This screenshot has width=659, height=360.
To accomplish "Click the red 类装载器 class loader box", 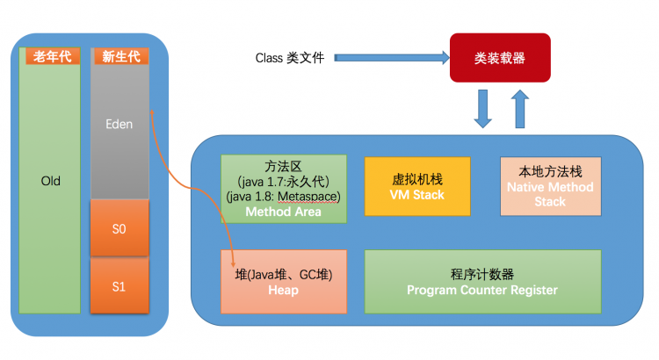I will (500, 57).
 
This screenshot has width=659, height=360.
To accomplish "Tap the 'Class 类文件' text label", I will (290, 58).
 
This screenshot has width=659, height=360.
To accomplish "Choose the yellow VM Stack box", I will (417, 186).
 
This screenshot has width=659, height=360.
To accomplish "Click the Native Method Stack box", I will (551, 187).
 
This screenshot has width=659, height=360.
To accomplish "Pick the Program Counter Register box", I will (482, 281).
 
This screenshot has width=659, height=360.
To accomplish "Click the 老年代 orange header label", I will (49, 56).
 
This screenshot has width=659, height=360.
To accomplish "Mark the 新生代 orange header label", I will (119, 56).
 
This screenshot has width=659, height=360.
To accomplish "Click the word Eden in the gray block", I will (119, 124).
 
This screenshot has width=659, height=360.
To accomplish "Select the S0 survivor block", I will (119, 227).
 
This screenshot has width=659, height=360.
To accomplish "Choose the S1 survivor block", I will (119, 285).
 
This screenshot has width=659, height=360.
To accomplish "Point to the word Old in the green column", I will (50, 181).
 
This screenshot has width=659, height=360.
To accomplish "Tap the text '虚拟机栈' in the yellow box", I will (417, 178).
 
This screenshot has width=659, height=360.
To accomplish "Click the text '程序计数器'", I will (482, 273).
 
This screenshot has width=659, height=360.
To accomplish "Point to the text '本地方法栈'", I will (551, 171).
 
